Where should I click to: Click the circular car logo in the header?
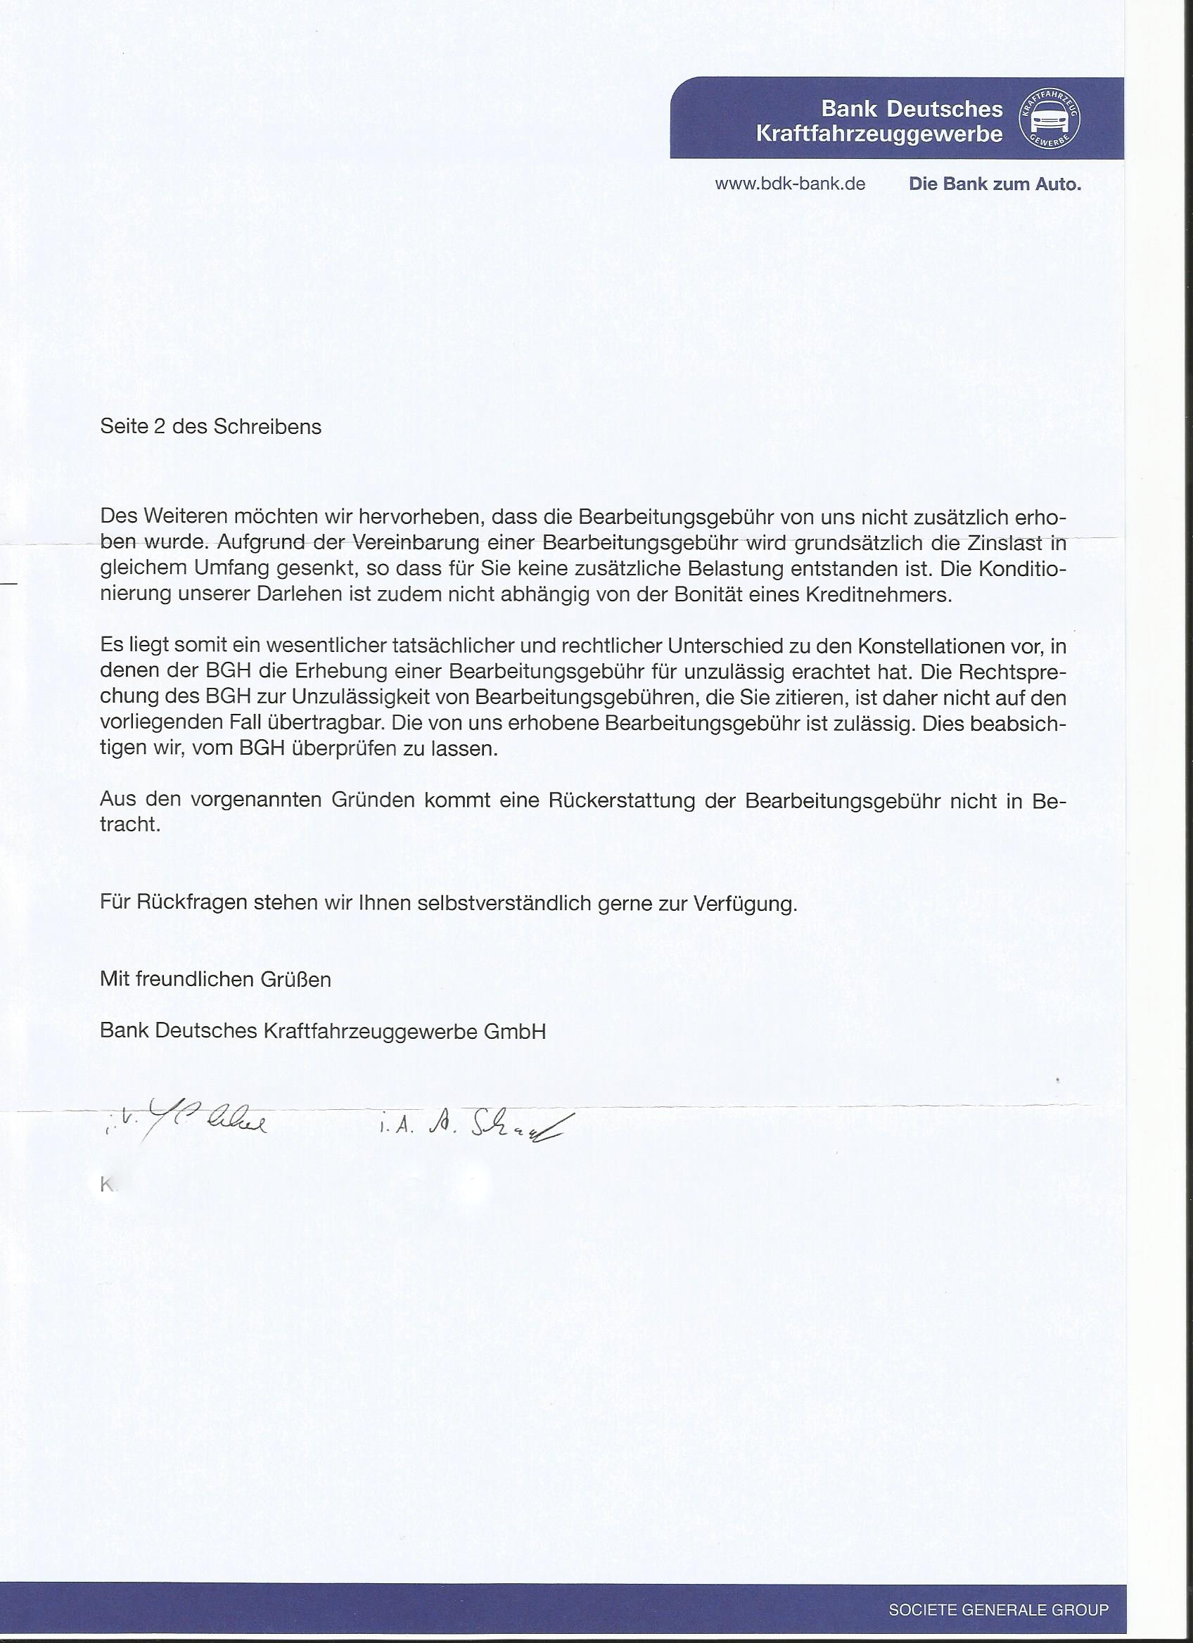click(x=1050, y=118)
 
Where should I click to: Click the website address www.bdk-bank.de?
click(x=789, y=184)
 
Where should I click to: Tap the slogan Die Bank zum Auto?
click(x=995, y=184)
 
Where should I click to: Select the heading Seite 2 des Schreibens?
click(x=211, y=427)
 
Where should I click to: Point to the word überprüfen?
click(x=340, y=748)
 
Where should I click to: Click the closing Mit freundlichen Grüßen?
click(x=215, y=980)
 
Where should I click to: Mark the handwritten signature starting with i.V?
click(x=186, y=1124)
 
